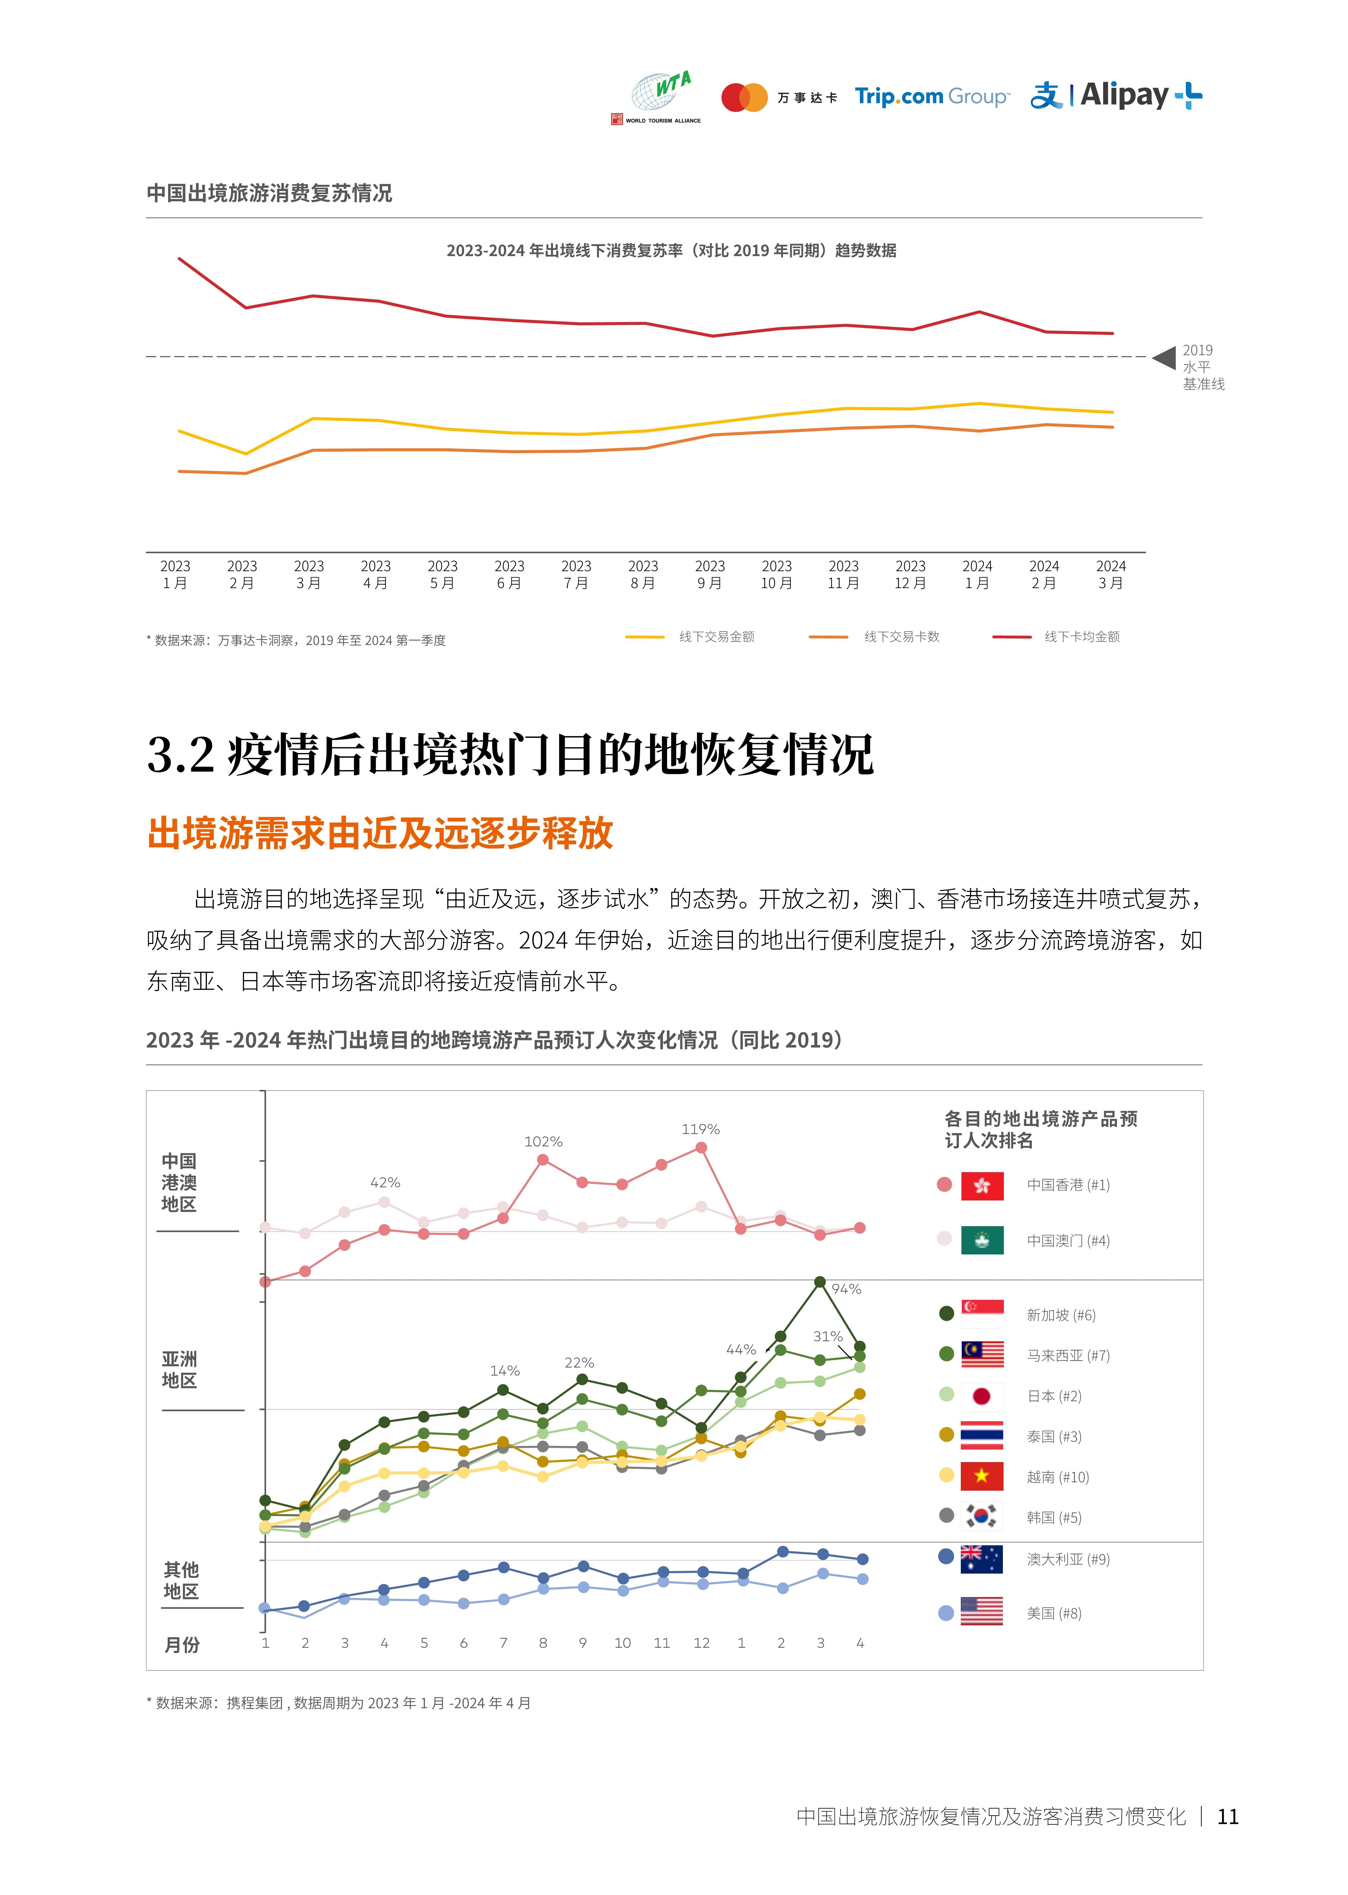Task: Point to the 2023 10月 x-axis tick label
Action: [776, 574]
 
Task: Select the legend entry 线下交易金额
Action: [716, 637]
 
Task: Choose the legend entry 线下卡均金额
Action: [1082, 637]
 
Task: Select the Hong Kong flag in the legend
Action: [982, 1185]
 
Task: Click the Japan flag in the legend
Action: [982, 1396]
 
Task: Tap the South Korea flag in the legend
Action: [982, 1516]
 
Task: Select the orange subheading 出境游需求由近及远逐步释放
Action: [380, 833]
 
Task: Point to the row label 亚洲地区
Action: [179, 1370]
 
